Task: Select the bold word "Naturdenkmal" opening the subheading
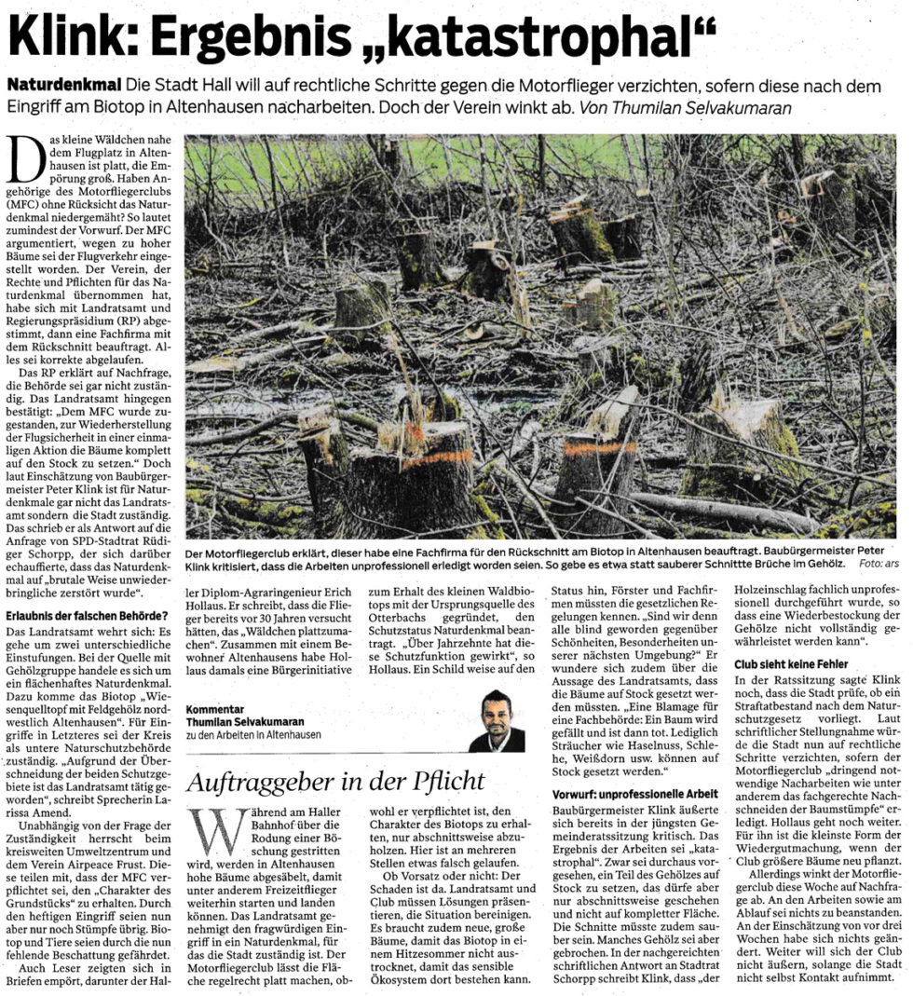point(63,85)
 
